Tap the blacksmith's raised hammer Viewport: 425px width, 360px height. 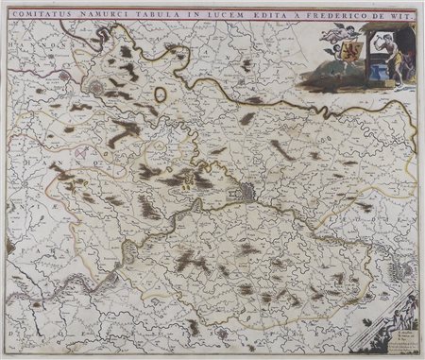tap(376, 36)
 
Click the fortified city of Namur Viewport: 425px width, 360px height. tap(246, 192)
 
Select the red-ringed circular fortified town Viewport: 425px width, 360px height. tap(101, 88)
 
